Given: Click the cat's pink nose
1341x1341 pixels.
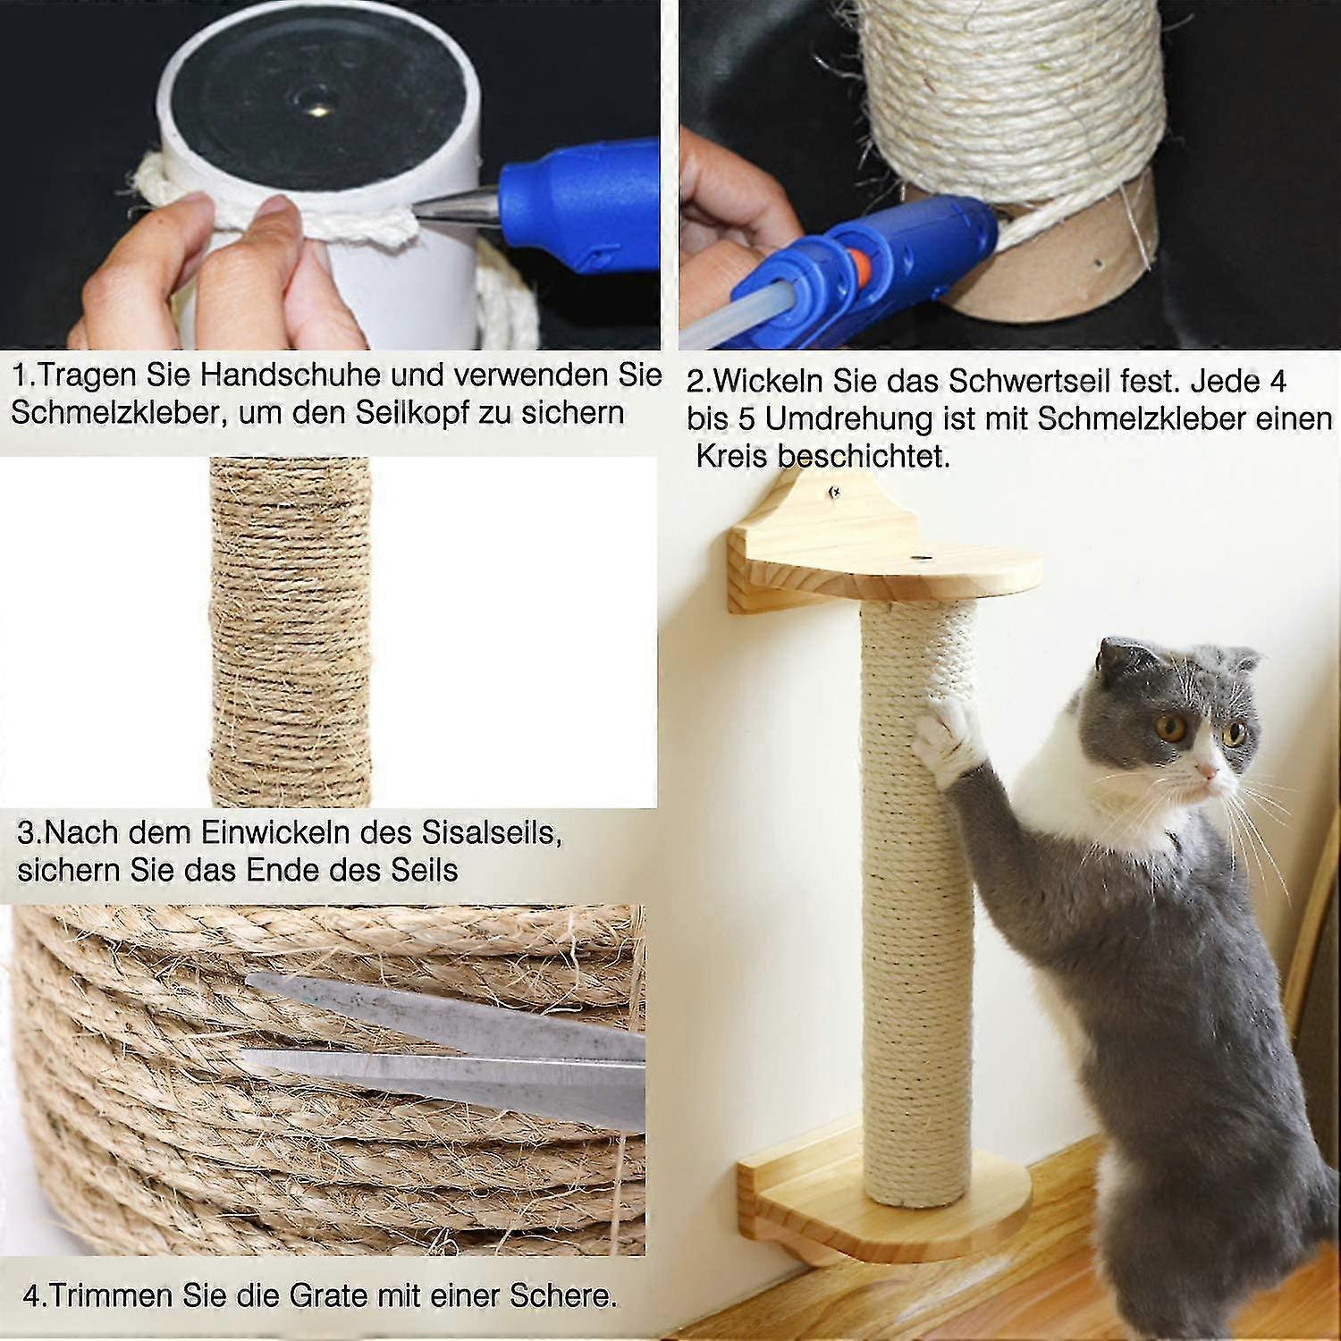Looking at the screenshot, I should tap(1210, 771).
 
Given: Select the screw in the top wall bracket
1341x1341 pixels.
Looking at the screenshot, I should tap(834, 489).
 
